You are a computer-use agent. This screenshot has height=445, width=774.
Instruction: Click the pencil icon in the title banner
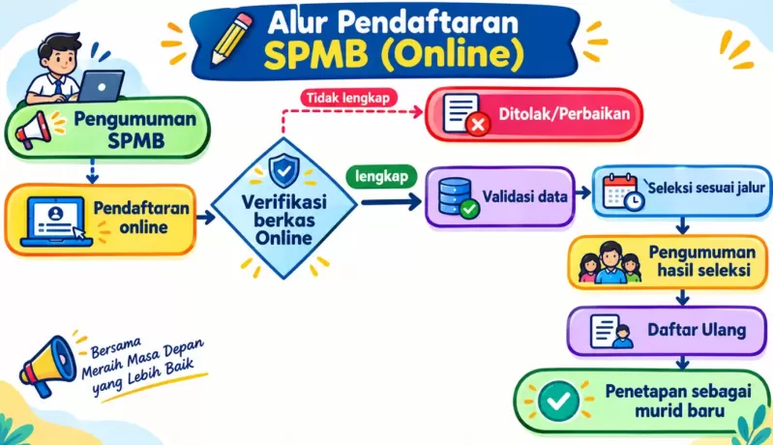click(x=232, y=39)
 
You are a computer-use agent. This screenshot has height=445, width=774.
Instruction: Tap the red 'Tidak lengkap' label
click(x=348, y=98)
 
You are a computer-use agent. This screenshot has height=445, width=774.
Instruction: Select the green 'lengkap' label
click(x=381, y=176)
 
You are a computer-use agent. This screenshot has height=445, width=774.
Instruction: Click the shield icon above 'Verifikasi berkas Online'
click(x=283, y=170)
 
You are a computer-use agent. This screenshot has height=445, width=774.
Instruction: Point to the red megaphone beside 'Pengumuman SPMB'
click(x=34, y=130)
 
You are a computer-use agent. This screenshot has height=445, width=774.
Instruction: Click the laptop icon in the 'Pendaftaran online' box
click(x=56, y=221)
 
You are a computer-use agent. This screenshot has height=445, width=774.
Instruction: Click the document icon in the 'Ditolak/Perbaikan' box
click(x=466, y=114)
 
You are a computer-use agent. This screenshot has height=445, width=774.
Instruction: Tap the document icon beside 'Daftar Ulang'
click(x=611, y=332)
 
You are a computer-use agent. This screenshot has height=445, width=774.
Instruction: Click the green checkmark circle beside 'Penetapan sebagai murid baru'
click(x=558, y=401)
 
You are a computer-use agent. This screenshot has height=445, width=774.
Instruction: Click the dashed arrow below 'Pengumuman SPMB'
click(x=92, y=170)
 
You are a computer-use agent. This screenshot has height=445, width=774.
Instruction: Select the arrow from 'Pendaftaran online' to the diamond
click(x=206, y=217)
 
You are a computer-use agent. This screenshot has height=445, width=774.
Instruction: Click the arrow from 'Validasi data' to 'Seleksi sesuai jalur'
click(x=583, y=193)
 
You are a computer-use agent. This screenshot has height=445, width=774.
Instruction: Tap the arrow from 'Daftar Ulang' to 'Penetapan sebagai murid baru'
click(x=683, y=363)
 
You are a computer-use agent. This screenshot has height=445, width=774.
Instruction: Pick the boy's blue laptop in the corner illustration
click(x=102, y=85)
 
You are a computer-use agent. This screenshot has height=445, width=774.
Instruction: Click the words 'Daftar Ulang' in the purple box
click(x=697, y=330)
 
